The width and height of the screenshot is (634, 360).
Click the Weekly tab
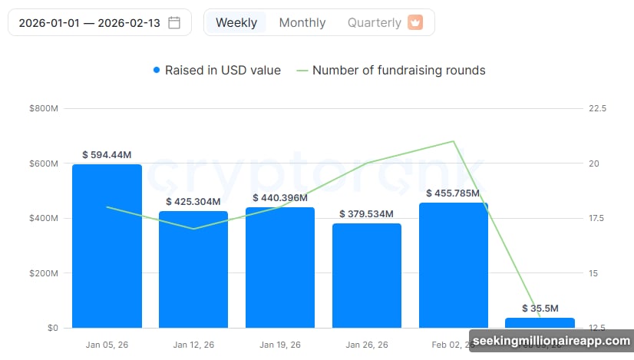pyautogui.click(x=236, y=22)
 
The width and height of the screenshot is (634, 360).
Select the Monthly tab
pyautogui.click(x=302, y=22)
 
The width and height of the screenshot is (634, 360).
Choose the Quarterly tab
pyautogui.click(x=374, y=22)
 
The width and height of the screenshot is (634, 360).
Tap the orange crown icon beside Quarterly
pyautogui.click(x=415, y=22)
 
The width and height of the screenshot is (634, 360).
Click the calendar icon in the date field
pyautogui.click(x=175, y=22)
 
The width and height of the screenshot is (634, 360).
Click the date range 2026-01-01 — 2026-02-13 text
pyautogui.click(x=89, y=22)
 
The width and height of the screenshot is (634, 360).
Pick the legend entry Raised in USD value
pyautogui.click(x=217, y=70)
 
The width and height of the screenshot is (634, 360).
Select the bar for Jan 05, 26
pyautogui.click(x=107, y=246)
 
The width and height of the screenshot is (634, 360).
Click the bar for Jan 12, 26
pyautogui.click(x=193, y=269)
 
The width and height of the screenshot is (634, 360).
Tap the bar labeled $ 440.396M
pyautogui.click(x=280, y=267)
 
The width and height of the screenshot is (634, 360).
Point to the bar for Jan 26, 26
pyautogui.click(x=367, y=275)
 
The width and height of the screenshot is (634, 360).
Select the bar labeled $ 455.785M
pyautogui.click(x=454, y=265)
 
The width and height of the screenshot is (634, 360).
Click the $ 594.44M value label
pyautogui.click(x=107, y=155)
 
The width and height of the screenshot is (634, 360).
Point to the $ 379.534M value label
pyautogui.click(x=367, y=213)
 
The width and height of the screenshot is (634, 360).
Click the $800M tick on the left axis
pyautogui.click(x=43, y=109)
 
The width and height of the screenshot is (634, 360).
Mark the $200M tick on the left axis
pyautogui.click(x=43, y=273)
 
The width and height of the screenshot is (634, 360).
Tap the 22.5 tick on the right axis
pyautogui.click(x=597, y=109)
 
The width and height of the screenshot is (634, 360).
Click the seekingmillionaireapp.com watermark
pyautogui.click(x=551, y=340)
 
